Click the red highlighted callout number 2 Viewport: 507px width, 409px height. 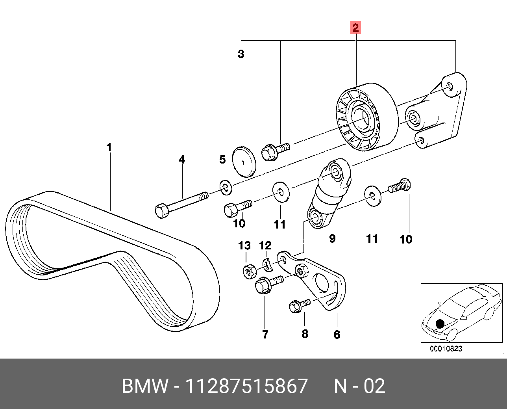(355, 28)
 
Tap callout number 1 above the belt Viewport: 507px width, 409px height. (109, 148)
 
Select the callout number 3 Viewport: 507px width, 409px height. (241, 54)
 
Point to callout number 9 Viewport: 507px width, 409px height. (332, 238)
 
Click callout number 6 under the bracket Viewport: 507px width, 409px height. (337, 335)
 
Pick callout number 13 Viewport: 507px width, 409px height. (244, 246)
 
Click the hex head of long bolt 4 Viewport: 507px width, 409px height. (161, 210)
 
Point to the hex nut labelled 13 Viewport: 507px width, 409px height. (249, 271)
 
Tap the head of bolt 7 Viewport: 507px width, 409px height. (262, 286)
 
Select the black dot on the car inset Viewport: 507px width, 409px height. (440, 324)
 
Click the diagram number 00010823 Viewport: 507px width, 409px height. (446, 349)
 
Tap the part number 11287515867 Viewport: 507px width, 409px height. (246, 386)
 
